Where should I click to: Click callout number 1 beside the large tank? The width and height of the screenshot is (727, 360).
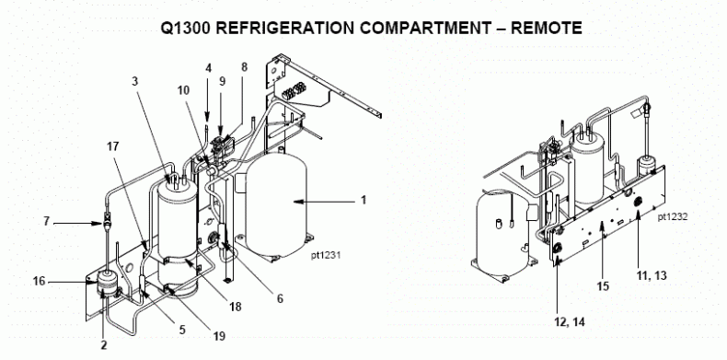coord(363,197)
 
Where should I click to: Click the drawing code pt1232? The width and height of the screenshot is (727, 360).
coord(675,218)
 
